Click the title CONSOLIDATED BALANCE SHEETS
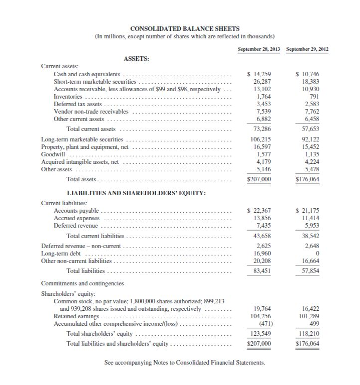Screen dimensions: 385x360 184,29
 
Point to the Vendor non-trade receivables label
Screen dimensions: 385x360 91,112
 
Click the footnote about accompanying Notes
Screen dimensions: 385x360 184,363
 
